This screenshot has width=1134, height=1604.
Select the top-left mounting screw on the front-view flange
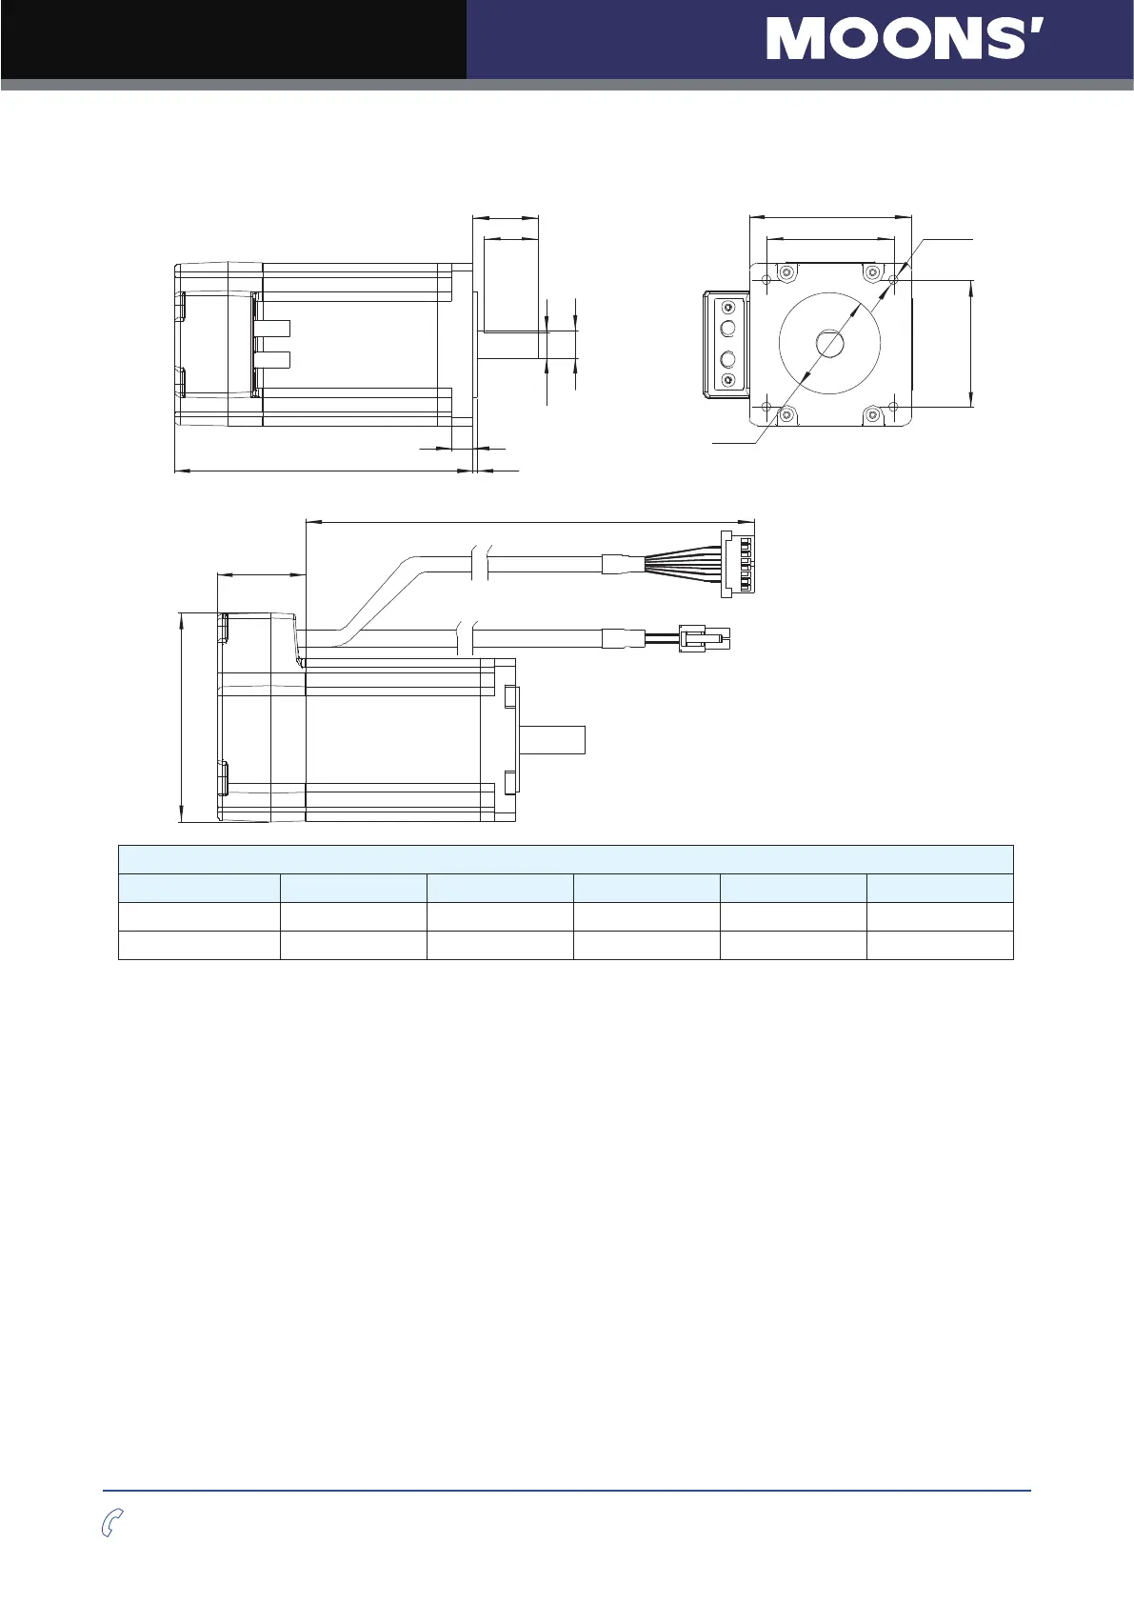coord(786,273)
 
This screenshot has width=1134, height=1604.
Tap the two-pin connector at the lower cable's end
coord(705,637)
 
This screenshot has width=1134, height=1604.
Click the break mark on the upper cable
coord(481,563)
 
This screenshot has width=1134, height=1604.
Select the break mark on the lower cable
coord(466,637)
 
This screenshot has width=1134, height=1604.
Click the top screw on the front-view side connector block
coord(728,308)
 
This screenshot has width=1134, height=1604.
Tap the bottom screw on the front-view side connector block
coord(728,380)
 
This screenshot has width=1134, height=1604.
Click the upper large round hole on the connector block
coord(728,329)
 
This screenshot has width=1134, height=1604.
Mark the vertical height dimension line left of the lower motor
coord(182,717)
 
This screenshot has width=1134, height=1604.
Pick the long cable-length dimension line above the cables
coord(528,521)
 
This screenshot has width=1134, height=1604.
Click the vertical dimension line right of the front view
coord(970,343)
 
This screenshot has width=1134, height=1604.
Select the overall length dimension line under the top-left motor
coord(324,470)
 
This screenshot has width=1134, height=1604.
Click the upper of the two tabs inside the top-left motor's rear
coord(273,329)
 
